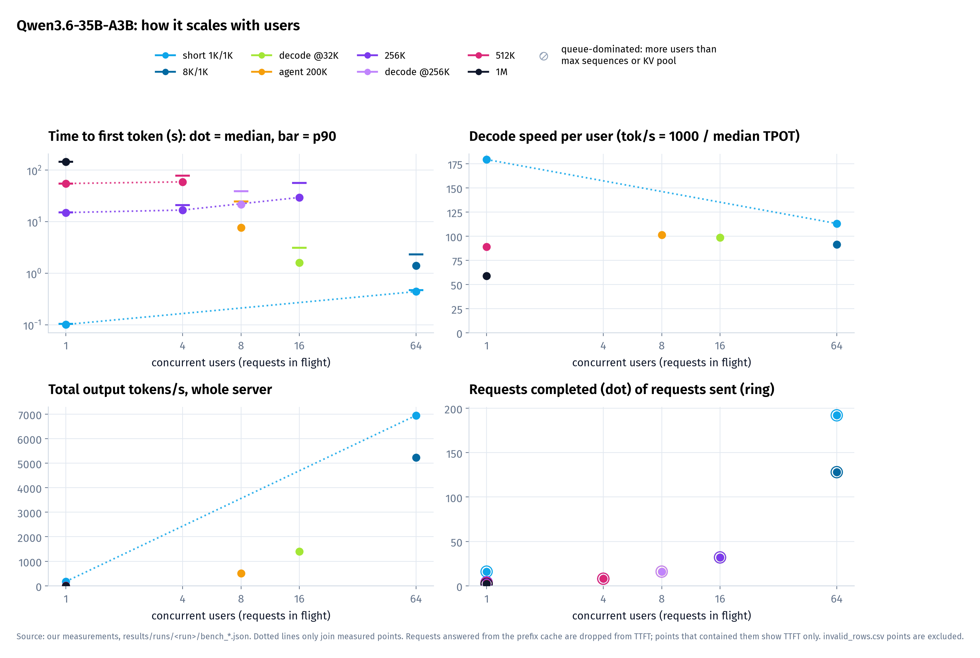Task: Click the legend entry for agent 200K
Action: coord(289,72)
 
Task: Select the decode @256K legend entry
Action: coord(403,72)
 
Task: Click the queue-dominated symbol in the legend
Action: coord(544,56)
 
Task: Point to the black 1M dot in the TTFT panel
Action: coord(66,161)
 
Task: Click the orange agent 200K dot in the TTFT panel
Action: coord(241,228)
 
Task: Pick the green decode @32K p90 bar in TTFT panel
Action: coord(299,247)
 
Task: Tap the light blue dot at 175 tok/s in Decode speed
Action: coord(487,159)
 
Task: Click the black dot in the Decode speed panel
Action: coord(487,276)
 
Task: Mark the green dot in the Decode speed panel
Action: coord(720,238)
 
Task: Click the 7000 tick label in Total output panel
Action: coord(29,415)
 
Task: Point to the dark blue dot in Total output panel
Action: coord(416,458)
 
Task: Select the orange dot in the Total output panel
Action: coord(241,573)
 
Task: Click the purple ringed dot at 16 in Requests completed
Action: coord(720,557)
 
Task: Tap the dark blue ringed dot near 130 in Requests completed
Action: coord(836,472)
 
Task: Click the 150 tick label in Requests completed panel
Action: coord(453,454)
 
